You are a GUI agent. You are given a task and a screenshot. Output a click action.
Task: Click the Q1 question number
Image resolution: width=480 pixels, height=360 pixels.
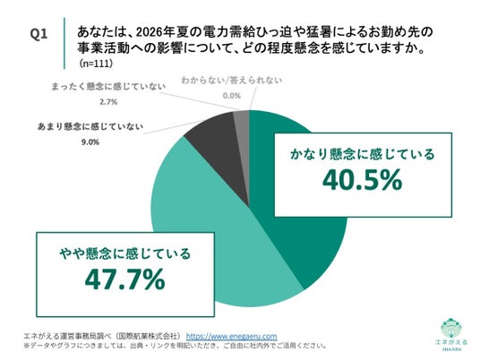[39, 33]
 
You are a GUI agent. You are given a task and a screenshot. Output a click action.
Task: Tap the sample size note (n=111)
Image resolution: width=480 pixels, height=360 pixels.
[96, 63]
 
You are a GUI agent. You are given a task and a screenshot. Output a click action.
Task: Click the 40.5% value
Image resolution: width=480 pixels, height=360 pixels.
[362, 180]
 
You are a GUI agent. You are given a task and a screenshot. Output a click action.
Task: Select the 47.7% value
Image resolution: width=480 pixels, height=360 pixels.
[124, 279]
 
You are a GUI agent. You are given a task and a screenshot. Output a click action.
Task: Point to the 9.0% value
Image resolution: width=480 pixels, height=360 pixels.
[90, 142]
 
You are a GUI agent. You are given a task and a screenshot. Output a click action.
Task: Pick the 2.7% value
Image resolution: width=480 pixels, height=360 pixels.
[108, 102]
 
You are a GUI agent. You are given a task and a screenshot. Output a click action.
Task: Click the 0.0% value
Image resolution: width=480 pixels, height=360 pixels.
[232, 96]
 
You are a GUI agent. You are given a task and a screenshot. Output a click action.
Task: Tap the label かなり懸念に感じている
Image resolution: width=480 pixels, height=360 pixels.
[363, 154]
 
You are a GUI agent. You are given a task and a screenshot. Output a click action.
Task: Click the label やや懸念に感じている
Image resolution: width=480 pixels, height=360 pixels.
[124, 253]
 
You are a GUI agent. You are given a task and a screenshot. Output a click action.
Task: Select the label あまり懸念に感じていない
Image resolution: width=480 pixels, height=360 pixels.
[90, 126]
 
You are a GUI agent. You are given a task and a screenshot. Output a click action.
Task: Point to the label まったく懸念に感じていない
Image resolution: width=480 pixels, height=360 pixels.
[108, 86]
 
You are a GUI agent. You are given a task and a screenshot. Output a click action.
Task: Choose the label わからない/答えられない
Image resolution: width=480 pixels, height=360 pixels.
[232, 81]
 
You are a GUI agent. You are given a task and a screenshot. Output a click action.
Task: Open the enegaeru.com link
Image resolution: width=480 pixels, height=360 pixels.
[231, 336]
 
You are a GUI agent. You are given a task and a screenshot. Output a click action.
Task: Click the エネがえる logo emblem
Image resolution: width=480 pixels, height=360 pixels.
[451, 329]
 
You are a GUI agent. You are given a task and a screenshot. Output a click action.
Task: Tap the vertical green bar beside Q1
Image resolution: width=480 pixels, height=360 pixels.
[64, 43]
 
